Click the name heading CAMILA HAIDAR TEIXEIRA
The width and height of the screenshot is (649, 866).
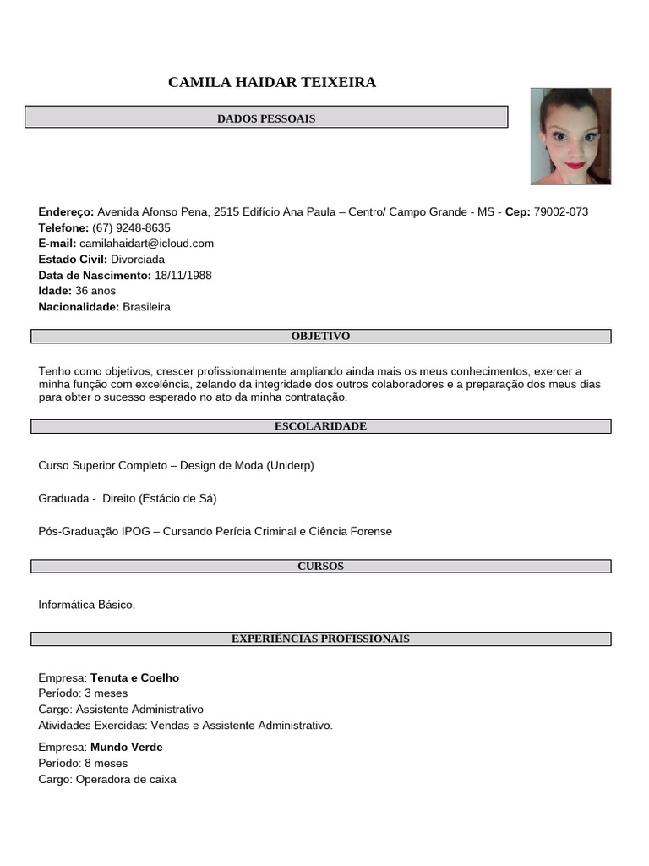tap(272, 82)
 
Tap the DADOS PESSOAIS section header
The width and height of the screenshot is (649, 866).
tap(266, 118)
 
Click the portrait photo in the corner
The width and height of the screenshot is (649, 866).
tap(570, 136)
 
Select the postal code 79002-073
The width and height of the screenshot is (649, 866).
tap(561, 212)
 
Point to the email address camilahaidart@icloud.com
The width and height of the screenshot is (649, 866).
tap(146, 244)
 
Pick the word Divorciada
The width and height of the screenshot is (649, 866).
tap(138, 260)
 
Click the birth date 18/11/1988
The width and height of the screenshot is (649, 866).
tap(183, 276)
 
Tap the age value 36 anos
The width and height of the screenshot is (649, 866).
tap(95, 291)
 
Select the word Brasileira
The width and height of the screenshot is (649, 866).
tap(146, 307)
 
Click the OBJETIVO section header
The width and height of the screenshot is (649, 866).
tap(320, 337)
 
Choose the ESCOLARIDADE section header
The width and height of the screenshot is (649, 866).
tap(320, 426)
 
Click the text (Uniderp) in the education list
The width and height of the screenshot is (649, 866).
tap(291, 466)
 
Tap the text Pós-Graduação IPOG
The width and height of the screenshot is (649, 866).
tap(94, 532)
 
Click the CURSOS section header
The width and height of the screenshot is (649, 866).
tap(320, 567)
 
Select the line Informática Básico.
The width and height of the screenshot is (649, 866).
tap(86, 606)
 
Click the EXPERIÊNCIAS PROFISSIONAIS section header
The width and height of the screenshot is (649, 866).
tap(320, 639)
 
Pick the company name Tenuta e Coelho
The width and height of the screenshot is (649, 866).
tap(134, 678)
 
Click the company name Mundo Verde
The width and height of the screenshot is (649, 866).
tap(127, 748)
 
